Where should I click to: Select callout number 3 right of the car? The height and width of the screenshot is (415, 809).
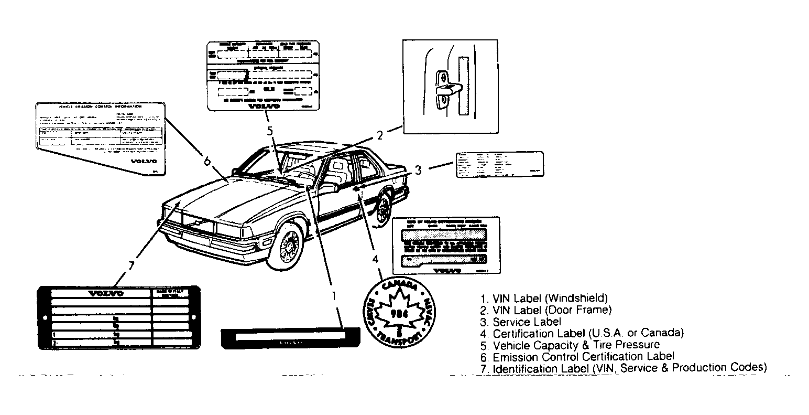click(418, 169)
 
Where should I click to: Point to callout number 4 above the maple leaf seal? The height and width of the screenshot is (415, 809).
click(375, 259)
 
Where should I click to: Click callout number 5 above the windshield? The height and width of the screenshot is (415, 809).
click(269, 132)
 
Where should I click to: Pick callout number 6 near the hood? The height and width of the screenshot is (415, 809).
click(207, 161)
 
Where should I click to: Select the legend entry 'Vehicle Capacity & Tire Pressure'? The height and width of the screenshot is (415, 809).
click(576, 345)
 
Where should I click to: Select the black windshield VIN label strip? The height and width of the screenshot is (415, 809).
click(290, 338)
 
